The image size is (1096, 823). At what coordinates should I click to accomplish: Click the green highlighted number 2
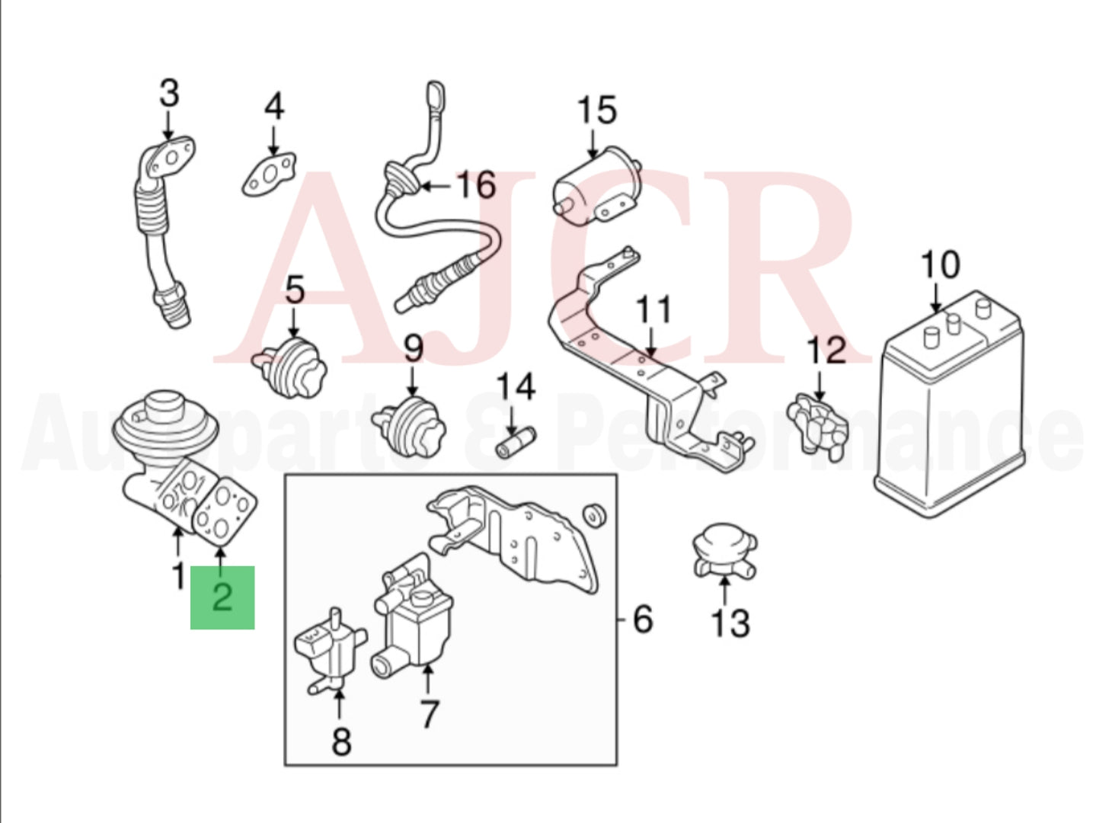click(222, 597)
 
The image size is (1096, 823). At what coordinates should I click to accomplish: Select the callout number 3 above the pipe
click(169, 93)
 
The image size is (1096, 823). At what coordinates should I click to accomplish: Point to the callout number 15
click(596, 111)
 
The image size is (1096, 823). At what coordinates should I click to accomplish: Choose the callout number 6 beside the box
click(643, 619)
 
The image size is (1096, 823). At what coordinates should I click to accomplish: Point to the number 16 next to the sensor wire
click(476, 185)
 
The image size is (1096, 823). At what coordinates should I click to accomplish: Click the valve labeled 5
click(293, 366)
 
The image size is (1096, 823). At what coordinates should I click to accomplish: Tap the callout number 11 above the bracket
click(653, 310)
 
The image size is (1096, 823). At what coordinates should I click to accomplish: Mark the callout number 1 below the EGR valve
click(177, 576)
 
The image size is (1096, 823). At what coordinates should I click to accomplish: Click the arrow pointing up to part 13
click(724, 591)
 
